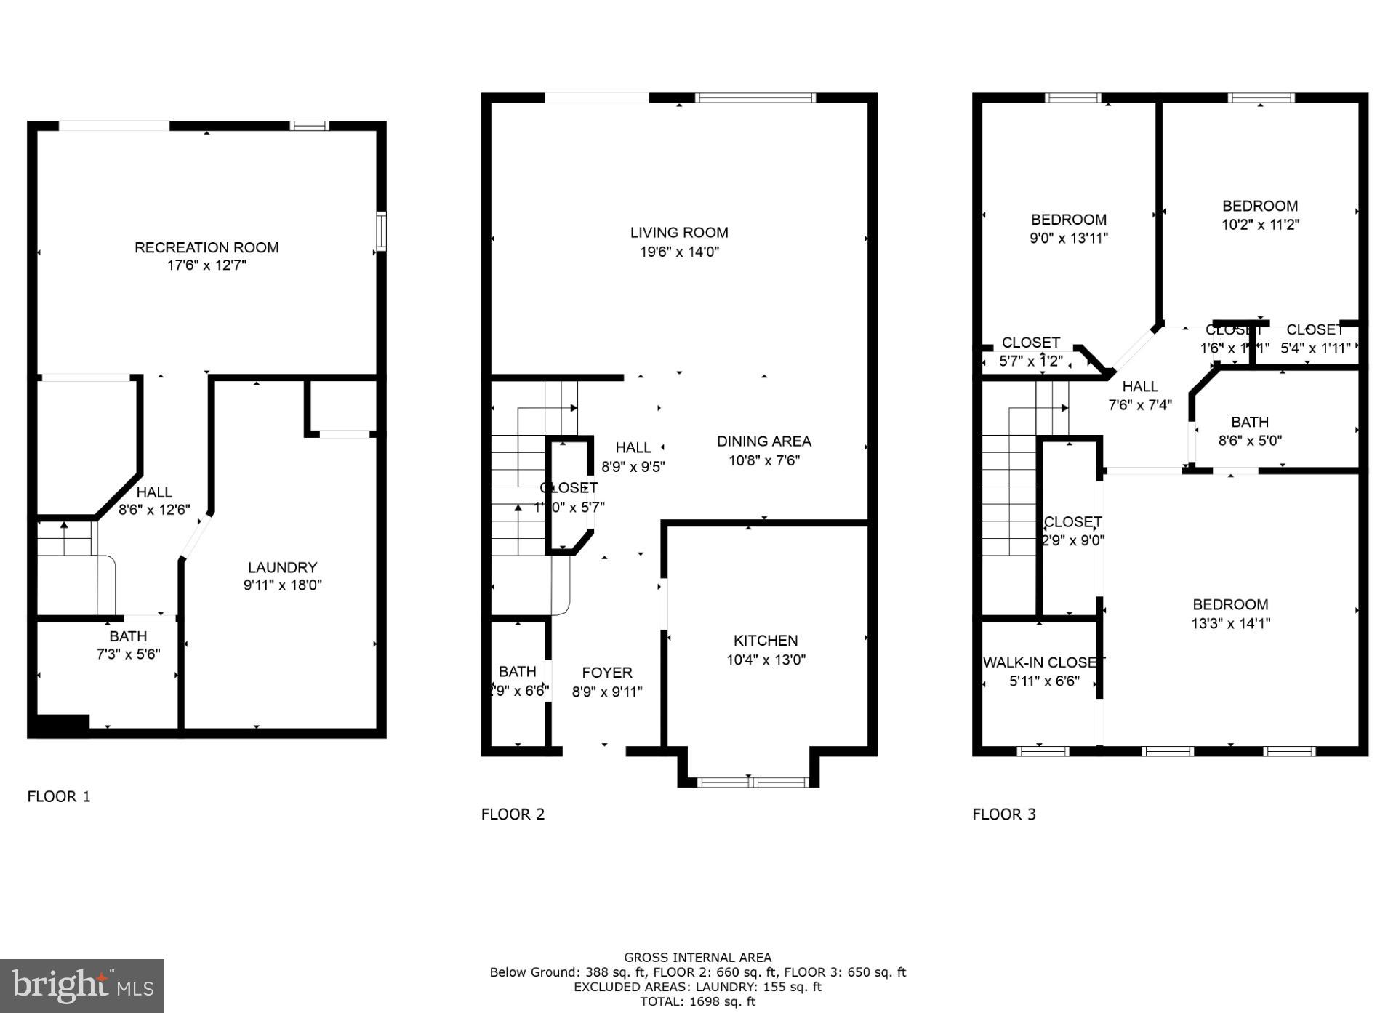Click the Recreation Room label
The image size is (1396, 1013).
coord(206,247)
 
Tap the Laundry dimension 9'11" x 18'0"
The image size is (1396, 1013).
coord(282,585)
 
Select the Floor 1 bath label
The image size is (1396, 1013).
coord(128,636)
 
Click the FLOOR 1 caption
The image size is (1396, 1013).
coord(59,796)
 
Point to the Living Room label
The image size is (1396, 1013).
coord(678,233)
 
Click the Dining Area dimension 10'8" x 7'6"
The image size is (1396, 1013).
coord(764,460)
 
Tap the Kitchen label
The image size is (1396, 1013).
coord(766,641)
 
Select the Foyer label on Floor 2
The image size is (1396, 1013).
coord(607,673)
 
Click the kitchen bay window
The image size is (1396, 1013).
coord(753,782)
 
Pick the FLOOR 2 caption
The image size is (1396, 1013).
coord(513,814)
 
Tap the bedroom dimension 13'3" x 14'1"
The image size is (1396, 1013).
coord(1231,623)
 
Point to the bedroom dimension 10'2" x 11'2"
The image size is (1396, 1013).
coord(1260,225)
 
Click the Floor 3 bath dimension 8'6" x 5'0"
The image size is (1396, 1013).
coord(1250,440)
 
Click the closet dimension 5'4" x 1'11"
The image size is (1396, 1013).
coord(1315,348)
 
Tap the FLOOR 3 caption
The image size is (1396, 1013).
coord(1004,814)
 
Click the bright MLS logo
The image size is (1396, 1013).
coord(82,986)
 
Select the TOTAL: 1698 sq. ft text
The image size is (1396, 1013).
coord(697,1001)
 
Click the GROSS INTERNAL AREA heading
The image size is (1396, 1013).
coord(697,958)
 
